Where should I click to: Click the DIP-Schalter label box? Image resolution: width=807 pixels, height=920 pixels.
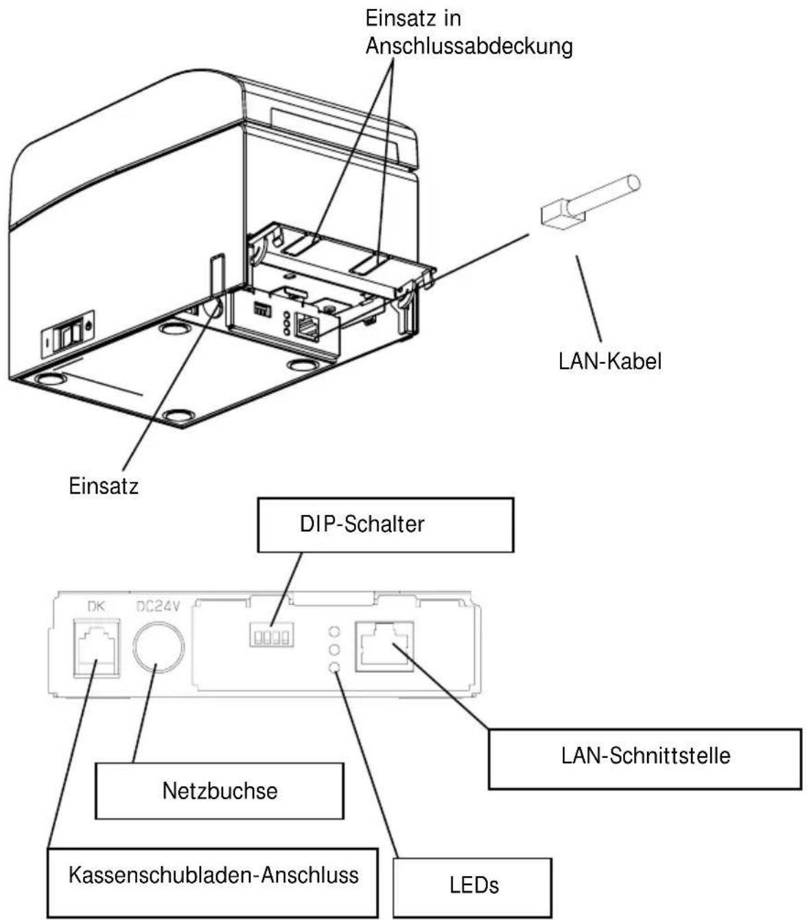(386, 525)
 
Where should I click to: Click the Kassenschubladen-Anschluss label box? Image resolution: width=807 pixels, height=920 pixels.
(213, 882)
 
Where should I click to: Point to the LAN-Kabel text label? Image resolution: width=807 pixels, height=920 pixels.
(609, 361)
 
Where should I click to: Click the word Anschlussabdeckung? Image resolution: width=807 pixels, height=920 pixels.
(469, 46)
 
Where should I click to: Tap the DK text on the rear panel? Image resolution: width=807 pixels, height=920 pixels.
(95, 607)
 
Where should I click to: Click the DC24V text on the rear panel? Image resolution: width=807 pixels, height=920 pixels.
(158, 606)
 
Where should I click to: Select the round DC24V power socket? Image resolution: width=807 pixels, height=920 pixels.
(159, 647)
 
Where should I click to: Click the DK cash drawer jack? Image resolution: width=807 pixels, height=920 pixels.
(97, 647)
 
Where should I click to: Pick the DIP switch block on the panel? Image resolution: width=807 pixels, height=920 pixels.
(272, 634)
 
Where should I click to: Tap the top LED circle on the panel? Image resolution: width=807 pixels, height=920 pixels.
(334, 631)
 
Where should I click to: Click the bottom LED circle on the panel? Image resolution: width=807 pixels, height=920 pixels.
(334, 667)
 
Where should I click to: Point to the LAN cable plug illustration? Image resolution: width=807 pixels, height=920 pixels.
(590, 200)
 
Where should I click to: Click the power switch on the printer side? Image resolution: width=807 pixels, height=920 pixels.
(68, 333)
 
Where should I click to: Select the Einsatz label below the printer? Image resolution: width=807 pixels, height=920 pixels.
(104, 486)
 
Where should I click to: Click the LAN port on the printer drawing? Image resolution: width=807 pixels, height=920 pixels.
(307, 326)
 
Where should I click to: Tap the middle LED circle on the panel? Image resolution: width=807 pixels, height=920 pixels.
(334, 649)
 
